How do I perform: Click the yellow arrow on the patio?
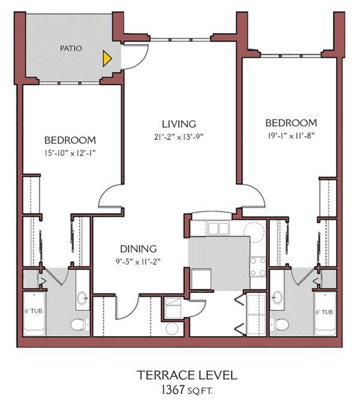click(107, 58)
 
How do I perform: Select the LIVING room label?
click(179, 124)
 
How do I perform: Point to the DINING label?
click(138, 249)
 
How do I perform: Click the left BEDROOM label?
click(70, 140)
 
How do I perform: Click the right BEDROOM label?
click(291, 123)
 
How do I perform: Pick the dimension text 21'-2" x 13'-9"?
click(179, 136)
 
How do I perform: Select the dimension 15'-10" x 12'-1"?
click(70, 153)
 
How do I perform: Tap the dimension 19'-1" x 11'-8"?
click(291, 136)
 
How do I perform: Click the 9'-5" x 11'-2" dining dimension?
click(138, 261)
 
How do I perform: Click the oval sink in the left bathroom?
click(82, 298)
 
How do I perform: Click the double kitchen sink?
click(218, 229)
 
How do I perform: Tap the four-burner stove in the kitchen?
click(258, 267)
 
